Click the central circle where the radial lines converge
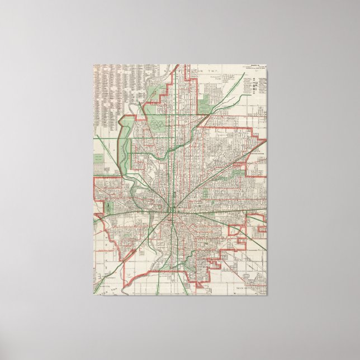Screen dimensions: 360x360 pos(172,210)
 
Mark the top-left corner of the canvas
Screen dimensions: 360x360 pos(93,64)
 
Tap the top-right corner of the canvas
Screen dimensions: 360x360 pos(267,64)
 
